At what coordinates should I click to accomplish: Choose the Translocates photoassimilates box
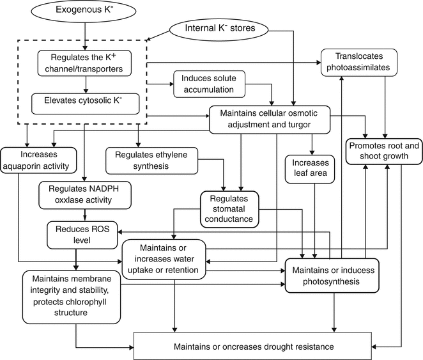[x=358, y=61]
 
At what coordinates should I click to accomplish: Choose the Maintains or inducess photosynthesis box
[x=332, y=275]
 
